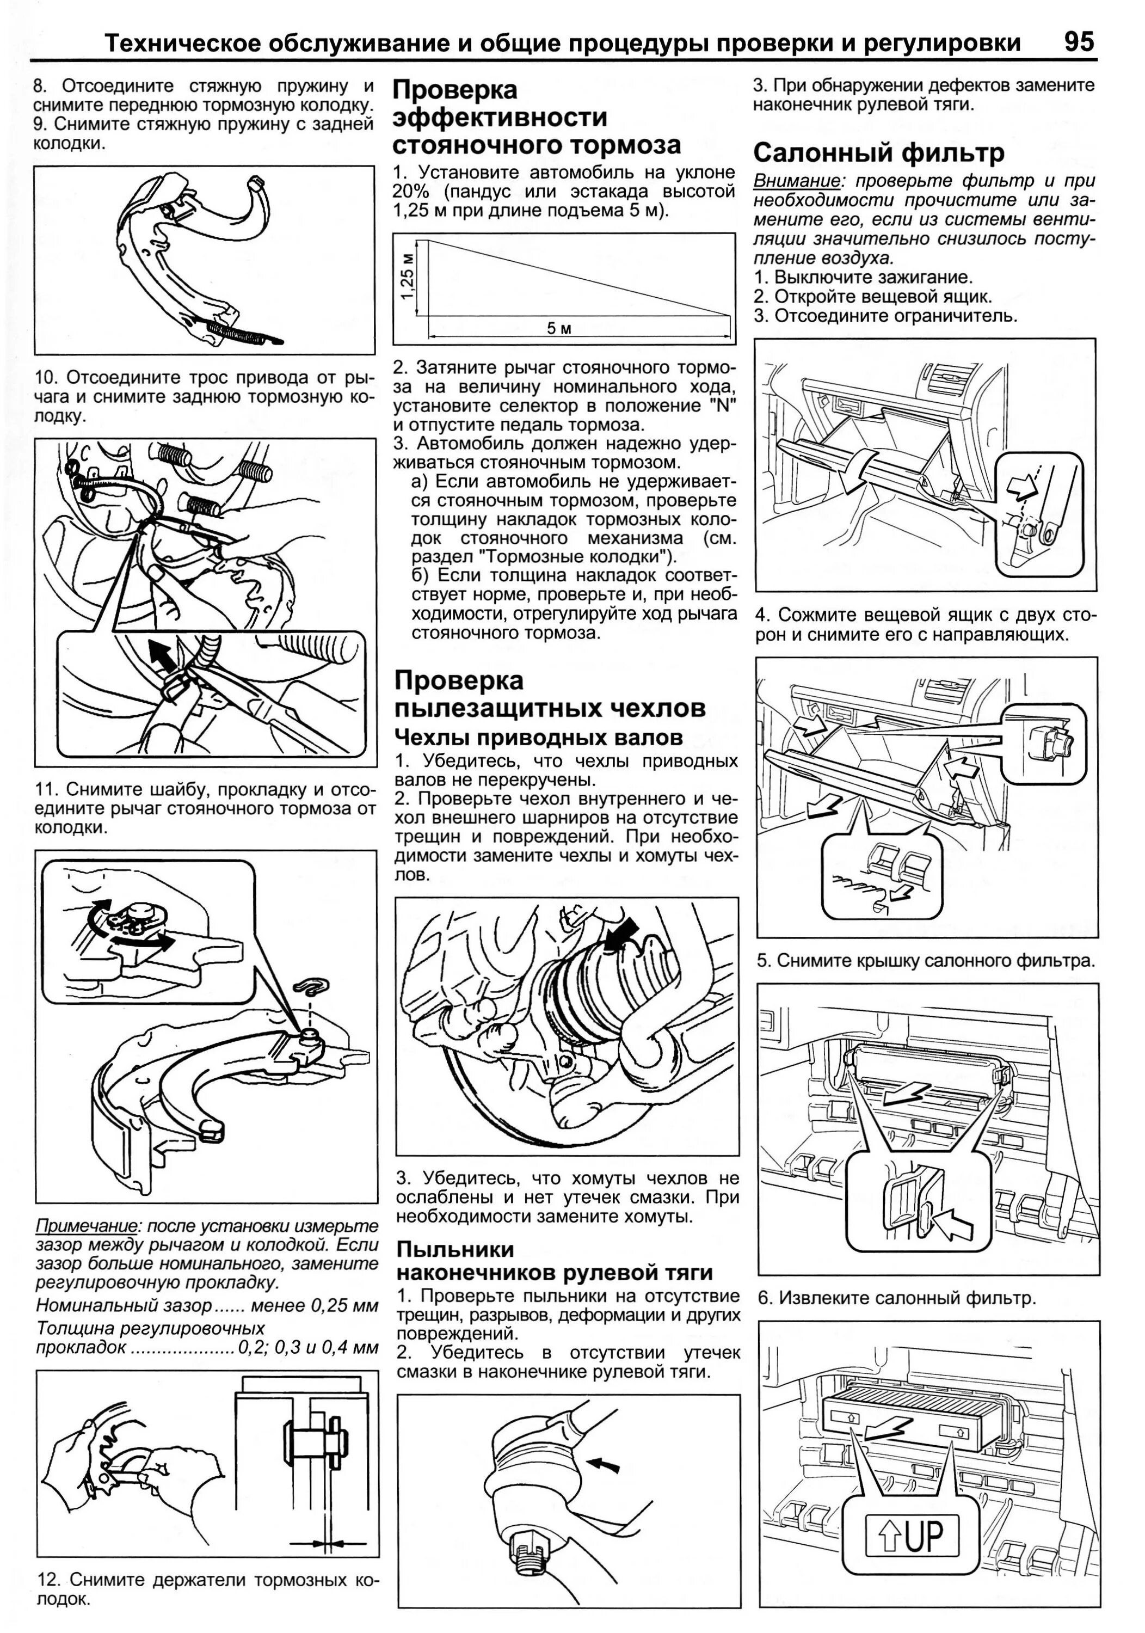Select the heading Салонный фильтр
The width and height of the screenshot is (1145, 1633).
pos(878,152)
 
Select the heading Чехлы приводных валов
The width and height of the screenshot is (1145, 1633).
pos(538,736)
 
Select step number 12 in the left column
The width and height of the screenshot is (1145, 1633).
pos(47,1580)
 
